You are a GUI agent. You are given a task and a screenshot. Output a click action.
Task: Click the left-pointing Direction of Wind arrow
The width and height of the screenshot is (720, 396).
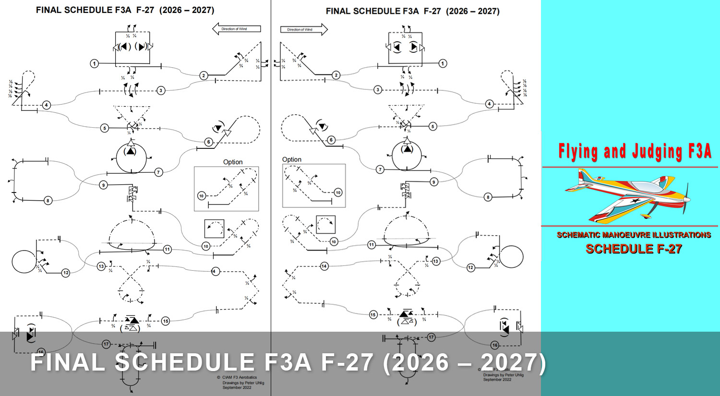click(236, 29)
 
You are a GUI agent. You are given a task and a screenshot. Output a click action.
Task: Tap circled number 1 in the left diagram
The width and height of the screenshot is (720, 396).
click(95, 63)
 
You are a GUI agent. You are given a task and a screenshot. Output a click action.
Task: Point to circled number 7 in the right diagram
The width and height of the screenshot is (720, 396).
click(380, 169)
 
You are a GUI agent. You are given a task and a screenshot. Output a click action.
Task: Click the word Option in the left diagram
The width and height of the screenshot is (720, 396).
click(233, 162)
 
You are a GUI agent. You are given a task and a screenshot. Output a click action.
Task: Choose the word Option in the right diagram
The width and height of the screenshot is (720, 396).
click(292, 159)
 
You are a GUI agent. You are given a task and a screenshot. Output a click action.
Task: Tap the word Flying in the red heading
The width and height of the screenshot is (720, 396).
click(578, 151)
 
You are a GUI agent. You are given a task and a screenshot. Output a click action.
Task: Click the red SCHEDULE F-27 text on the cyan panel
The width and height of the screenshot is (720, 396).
click(634, 249)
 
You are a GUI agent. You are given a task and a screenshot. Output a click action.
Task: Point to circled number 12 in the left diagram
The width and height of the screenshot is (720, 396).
click(66, 273)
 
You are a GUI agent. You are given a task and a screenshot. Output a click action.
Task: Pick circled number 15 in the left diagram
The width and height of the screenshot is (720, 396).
click(166, 321)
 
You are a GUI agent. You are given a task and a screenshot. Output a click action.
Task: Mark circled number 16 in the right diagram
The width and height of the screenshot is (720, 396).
click(495, 345)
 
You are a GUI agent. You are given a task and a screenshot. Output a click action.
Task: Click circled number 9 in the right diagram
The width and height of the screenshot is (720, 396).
click(434, 182)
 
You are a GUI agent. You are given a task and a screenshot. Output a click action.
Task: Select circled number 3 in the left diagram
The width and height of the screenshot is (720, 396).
click(161, 90)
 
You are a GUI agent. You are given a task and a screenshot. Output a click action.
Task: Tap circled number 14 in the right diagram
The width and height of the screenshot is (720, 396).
click(324, 266)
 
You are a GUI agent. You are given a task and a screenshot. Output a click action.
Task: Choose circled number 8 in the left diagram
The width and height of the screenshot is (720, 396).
click(48, 201)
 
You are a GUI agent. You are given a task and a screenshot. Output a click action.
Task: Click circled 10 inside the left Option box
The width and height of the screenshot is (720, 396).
click(202, 196)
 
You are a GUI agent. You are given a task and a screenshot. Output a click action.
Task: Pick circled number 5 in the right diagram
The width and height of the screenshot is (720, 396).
click(433, 126)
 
